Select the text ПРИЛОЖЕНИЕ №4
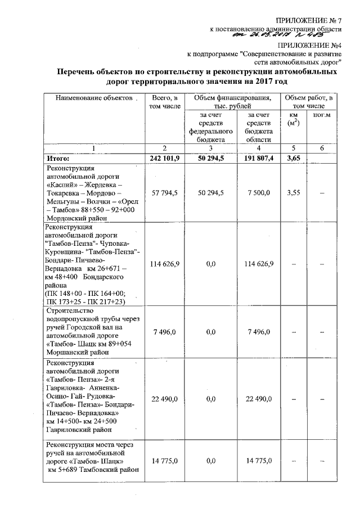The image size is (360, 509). coord(313,45)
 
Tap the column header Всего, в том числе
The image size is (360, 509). coord(161,103)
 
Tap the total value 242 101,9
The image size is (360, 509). coord(162,158)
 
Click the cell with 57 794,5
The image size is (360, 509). coord(162,192)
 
